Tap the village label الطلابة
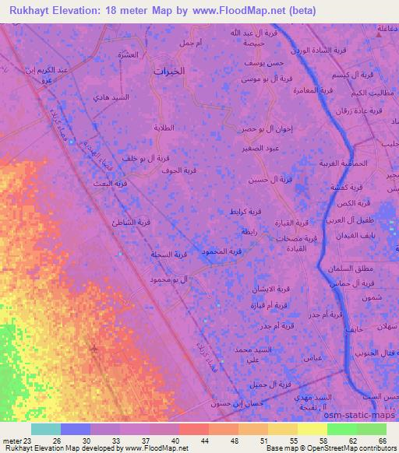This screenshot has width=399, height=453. click(171, 127)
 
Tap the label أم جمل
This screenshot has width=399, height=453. click(190, 43)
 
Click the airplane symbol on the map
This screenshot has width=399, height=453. click(95, 346)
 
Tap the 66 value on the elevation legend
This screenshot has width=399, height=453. click(383, 441)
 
